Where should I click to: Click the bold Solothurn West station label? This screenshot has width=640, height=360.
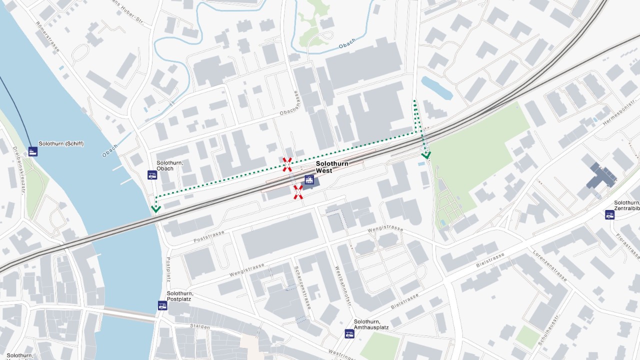click(332, 167)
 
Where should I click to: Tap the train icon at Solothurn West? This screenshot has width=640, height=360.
click(309, 180)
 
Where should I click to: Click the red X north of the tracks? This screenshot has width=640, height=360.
click(287, 164)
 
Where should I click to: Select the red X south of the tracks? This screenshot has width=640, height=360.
click(298, 192)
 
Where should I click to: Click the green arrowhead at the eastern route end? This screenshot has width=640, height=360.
click(426, 155)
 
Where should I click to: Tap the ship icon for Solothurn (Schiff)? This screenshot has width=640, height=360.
click(33, 151)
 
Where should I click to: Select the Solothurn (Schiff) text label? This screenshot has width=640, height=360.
click(61, 144)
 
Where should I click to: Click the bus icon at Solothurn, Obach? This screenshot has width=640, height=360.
click(152, 175)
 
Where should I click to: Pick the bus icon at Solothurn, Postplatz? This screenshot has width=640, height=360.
click(162, 305)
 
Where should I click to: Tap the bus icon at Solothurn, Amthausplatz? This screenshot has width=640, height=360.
click(349, 333)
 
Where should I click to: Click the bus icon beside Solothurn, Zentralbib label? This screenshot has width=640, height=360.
click(609, 215)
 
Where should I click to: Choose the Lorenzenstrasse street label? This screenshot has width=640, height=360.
click(549, 265)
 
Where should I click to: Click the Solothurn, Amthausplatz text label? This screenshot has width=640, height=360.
click(371, 324)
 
